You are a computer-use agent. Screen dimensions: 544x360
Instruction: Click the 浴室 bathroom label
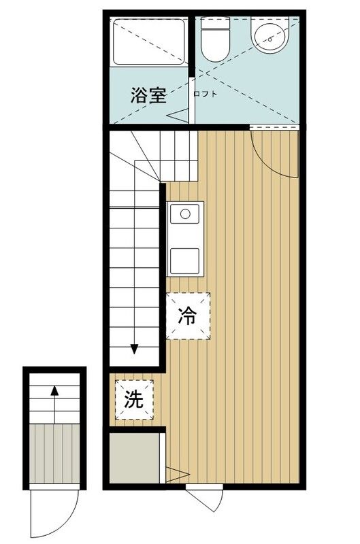point(148,95)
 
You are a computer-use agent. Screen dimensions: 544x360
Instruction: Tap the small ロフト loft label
point(206,95)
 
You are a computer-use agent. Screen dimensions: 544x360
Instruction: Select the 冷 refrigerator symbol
point(187,316)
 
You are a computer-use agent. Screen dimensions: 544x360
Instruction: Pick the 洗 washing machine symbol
point(133,401)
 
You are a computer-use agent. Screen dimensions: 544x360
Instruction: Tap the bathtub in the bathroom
point(148,42)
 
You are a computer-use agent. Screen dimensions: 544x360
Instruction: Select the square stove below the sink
point(184,260)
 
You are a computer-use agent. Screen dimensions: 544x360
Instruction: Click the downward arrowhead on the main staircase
point(134,350)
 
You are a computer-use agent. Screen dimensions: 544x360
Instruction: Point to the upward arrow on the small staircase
point(54,391)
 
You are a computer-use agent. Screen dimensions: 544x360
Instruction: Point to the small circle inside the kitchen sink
point(184,214)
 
